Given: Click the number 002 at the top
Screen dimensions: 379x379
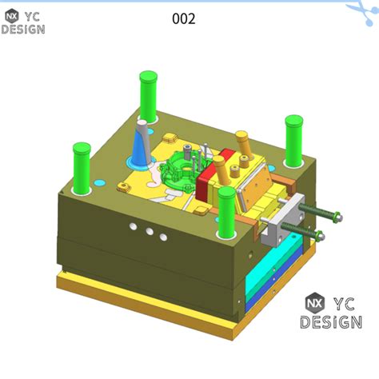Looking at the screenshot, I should click(x=184, y=18).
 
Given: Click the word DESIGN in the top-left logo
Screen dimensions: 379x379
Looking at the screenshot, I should click(x=23, y=30).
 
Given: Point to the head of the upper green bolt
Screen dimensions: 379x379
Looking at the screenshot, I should click(x=337, y=215).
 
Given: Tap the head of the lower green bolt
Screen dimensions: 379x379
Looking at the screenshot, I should click(x=321, y=234).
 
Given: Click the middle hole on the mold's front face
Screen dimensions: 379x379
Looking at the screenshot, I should click(x=150, y=232).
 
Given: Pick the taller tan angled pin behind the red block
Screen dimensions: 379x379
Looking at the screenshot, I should click(x=243, y=146).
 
